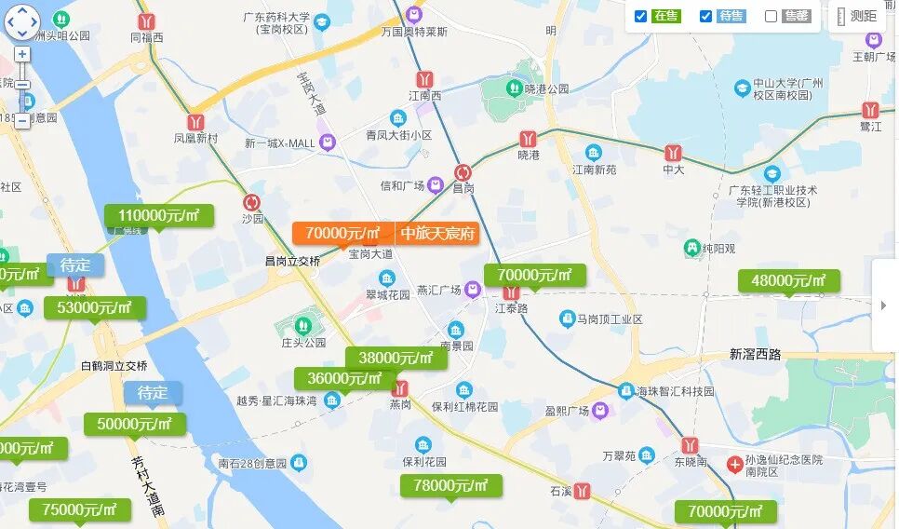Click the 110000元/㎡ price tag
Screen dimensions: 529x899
[x=159, y=216]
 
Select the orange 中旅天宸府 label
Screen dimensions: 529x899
[x=437, y=233]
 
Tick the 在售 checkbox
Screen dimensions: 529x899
[x=640, y=16]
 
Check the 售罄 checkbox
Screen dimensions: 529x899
[x=771, y=16]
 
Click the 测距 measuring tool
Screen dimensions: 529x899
[x=856, y=16]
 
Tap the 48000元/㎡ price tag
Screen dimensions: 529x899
[x=788, y=280]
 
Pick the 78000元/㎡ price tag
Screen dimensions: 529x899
[x=451, y=485]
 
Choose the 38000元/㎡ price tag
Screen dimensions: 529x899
[x=396, y=358]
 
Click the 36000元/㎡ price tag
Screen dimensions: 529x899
[x=344, y=378]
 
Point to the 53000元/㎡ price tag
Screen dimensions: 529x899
[x=94, y=307]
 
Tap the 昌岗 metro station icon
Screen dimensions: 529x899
[x=463, y=172]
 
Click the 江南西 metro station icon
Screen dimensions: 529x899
[x=425, y=79]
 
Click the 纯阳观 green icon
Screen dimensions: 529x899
[x=691, y=249]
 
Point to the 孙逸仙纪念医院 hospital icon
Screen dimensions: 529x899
[x=734, y=463]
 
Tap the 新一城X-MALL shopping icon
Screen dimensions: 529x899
[x=327, y=142]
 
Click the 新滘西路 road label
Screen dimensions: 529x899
[x=755, y=355]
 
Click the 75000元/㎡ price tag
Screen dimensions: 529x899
[x=79, y=509]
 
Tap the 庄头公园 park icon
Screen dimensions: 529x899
[x=302, y=325]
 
